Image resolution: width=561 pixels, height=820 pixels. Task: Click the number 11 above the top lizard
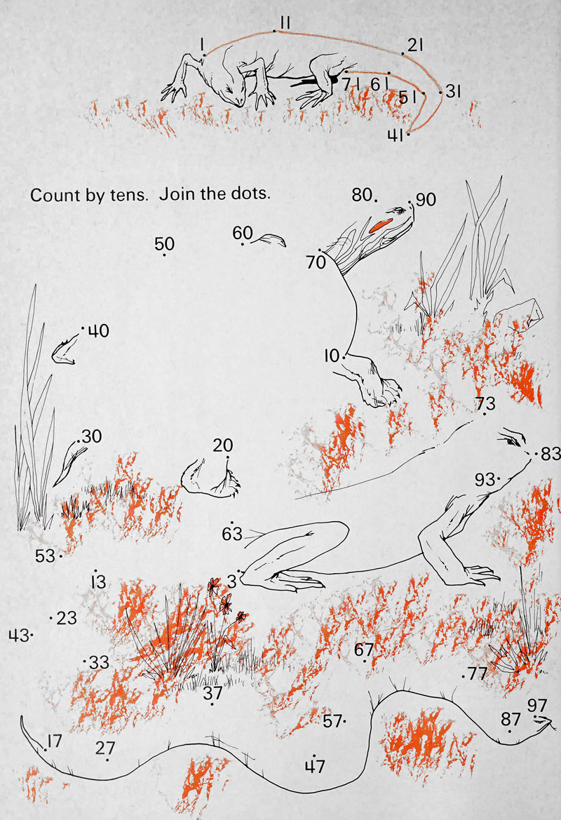coord(285,22)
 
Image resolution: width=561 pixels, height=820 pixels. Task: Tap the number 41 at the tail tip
coord(396,135)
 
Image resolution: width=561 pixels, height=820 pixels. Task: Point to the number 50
coord(164,243)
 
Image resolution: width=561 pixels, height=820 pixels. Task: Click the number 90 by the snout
coord(426,199)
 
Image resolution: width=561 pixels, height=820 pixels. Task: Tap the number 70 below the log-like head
coord(316,262)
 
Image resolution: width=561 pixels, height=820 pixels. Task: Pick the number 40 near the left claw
coord(98,330)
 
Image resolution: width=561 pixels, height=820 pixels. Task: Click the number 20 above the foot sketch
coord(223,445)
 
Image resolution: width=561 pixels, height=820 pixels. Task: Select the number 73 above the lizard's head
coord(485,403)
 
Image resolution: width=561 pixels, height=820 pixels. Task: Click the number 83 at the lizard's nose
coord(550,454)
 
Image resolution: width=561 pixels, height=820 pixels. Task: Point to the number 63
coord(232,533)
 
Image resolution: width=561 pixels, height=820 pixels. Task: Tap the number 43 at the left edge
coord(18,636)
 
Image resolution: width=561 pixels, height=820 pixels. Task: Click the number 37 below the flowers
coord(212,693)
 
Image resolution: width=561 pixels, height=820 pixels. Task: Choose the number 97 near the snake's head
coord(537,706)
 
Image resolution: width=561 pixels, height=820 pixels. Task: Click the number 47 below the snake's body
coord(316,766)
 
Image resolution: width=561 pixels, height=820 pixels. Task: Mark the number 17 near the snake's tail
coord(55,741)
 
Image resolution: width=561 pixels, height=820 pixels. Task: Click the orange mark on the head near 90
coord(379,225)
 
